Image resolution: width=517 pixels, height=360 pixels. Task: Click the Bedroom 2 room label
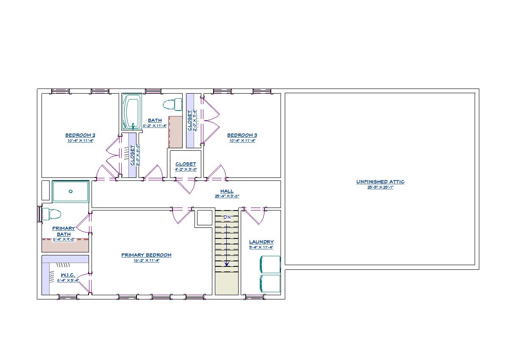(80, 136)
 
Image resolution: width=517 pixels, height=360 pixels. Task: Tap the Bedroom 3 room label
(242, 136)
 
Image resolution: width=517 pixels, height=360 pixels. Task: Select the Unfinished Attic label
(380, 182)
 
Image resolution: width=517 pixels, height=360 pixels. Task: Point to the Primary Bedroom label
(146, 255)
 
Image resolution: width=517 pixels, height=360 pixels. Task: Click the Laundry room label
(261, 242)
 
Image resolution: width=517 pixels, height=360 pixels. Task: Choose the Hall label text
(227, 191)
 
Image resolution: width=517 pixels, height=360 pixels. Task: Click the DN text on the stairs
(227, 217)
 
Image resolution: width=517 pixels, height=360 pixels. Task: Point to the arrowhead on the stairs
(227, 264)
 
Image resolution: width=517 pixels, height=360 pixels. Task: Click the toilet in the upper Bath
(172, 104)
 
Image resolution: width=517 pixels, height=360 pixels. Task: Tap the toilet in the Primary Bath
(51, 213)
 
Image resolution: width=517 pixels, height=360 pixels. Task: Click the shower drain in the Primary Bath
(70, 191)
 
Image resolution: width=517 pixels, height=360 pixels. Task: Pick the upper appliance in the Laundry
(270, 265)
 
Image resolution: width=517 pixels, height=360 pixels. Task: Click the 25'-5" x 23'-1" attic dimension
(380, 187)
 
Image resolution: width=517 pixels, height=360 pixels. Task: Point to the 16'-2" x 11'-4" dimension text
(146, 260)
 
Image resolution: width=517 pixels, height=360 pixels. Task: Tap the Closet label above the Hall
(186, 164)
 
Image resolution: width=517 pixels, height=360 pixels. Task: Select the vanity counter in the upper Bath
(175, 131)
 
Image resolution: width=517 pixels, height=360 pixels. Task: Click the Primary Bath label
(64, 231)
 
